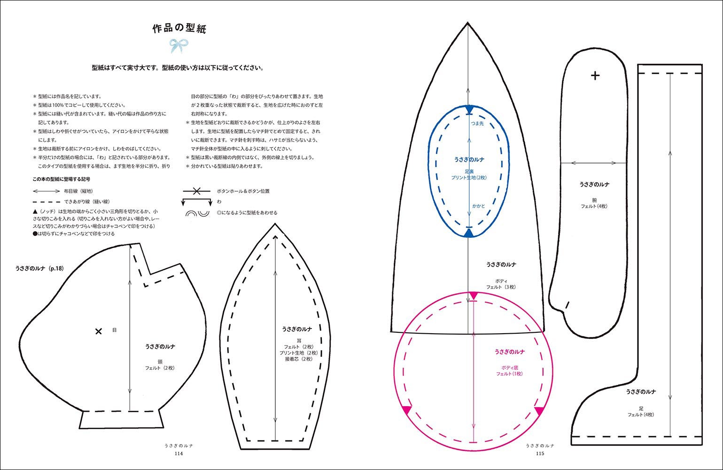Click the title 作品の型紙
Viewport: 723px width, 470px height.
[x=179, y=29]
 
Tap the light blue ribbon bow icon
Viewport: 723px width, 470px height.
[x=179, y=46]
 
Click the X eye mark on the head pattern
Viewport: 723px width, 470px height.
[x=99, y=331]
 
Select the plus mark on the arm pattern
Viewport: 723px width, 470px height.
[x=595, y=75]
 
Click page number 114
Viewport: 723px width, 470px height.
[x=179, y=454]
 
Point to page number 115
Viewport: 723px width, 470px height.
[x=540, y=454]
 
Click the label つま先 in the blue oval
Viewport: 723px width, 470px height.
[x=477, y=123]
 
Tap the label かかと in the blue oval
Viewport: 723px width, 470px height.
[x=478, y=206]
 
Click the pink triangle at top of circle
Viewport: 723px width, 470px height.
[x=474, y=295]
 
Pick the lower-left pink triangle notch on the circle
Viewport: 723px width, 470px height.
[x=407, y=409]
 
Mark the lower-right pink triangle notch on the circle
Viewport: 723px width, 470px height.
[x=539, y=410]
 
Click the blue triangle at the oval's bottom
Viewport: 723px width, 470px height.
[x=469, y=233]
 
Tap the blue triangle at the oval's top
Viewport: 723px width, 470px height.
[x=469, y=109]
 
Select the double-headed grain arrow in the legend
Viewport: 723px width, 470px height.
[x=46, y=191]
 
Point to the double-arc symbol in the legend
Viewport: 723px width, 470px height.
[x=197, y=213]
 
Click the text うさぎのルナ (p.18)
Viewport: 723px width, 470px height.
[x=39, y=268]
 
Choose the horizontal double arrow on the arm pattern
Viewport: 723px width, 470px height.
[x=594, y=163]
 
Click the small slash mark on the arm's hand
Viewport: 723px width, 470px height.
[x=568, y=304]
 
